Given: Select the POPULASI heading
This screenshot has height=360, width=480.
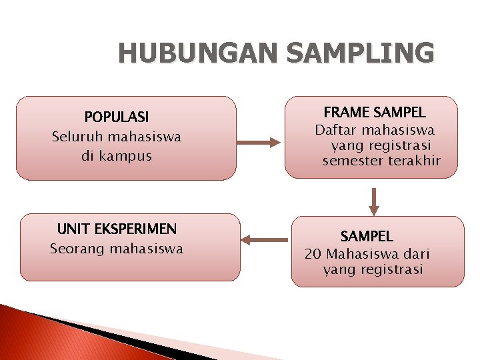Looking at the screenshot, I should (117, 117).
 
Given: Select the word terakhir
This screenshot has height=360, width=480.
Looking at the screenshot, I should (414, 161).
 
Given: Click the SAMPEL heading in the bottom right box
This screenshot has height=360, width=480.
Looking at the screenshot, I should (367, 236).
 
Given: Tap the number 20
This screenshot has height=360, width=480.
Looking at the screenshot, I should (313, 254).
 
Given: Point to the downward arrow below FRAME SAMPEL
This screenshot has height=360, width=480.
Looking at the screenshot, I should (374, 201).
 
